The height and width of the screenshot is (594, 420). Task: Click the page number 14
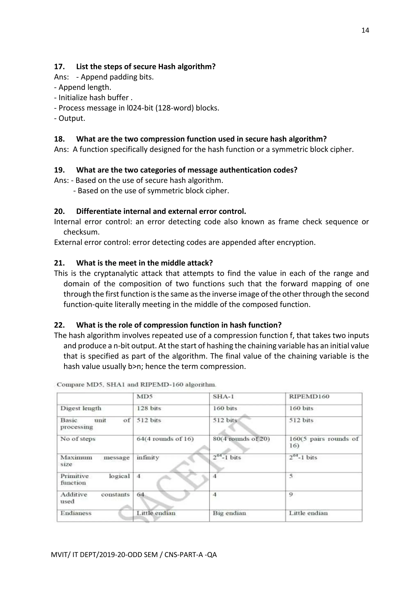coord(365,31)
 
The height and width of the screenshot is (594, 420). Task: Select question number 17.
coord(59,67)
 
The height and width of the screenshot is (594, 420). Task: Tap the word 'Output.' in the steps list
coord(72,119)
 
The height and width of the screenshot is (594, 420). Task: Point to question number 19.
coord(59,170)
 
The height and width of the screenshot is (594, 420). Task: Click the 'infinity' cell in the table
coord(148,458)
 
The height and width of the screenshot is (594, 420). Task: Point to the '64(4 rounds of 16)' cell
coord(165,439)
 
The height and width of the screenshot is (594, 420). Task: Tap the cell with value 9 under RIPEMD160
coord(291,495)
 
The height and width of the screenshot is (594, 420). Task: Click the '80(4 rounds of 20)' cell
coord(241,439)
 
